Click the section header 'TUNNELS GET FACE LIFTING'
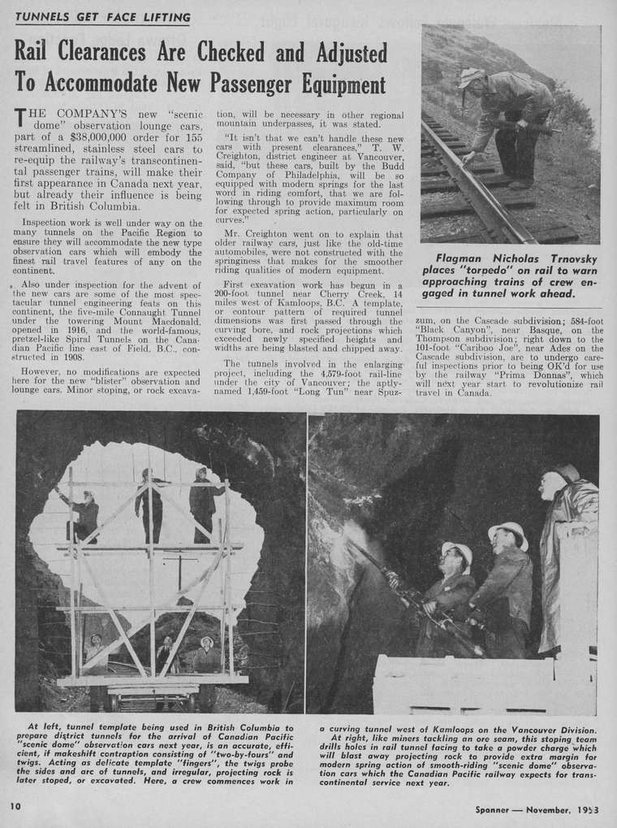(103, 16)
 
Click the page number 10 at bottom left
(15, 806)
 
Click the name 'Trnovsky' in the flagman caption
(567, 258)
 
